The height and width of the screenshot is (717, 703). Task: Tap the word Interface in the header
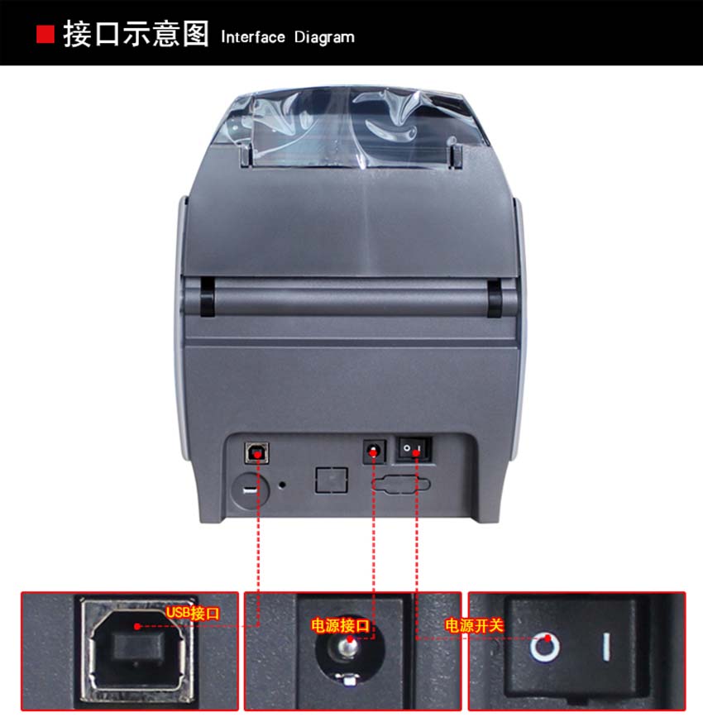(x=253, y=37)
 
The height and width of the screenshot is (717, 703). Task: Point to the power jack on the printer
(x=374, y=452)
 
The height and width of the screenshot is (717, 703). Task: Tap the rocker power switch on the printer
(x=414, y=449)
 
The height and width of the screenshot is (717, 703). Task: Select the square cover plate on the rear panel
(x=331, y=480)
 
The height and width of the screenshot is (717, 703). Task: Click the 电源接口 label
(x=340, y=625)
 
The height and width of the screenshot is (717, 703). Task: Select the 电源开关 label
(x=474, y=625)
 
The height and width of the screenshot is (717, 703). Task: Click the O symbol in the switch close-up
(x=544, y=645)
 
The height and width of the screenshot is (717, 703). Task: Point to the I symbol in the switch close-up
(x=606, y=645)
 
